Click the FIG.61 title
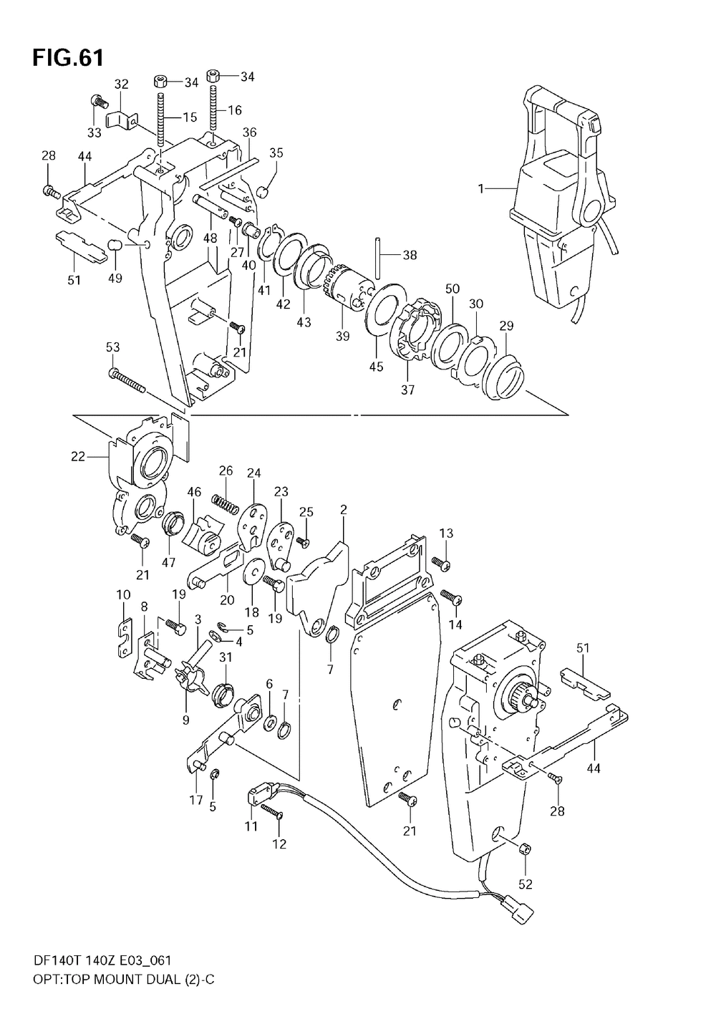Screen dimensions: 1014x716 click(x=67, y=57)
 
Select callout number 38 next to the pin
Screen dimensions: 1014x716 click(x=410, y=255)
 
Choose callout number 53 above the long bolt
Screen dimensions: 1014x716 click(x=113, y=347)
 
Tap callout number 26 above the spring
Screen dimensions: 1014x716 click(x=226, y=470)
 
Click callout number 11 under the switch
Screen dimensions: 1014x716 click(x=251, y=826)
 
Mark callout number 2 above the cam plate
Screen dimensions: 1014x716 click(x=344, y=510)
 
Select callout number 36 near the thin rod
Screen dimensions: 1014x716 click(x=249, y=132)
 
